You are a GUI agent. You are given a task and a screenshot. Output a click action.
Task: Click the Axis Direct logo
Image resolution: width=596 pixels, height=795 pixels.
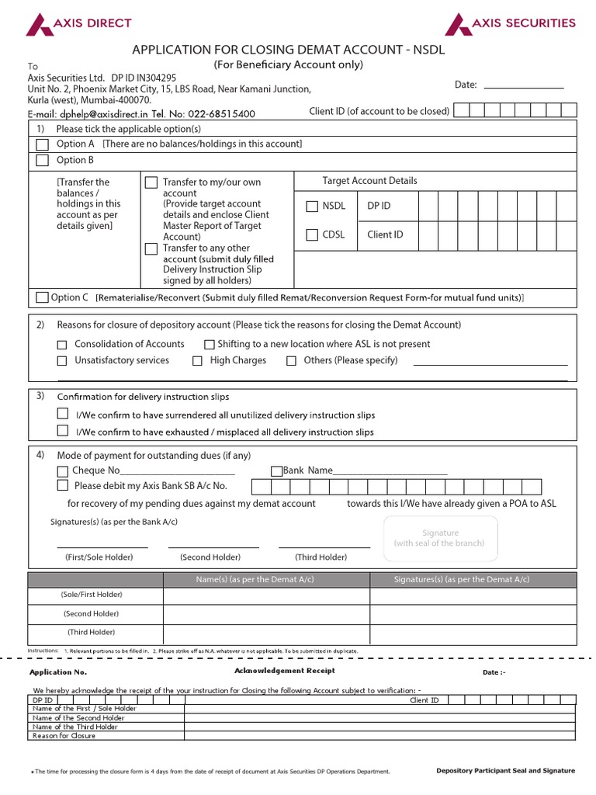point(78,24)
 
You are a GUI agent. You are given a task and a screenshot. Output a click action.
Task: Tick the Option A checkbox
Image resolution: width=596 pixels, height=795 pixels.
point(43,144)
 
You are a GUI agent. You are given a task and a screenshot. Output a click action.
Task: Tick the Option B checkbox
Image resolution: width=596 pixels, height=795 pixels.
point(43,161)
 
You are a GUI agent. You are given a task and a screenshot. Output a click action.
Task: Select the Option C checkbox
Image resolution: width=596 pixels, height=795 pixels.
point(42,297)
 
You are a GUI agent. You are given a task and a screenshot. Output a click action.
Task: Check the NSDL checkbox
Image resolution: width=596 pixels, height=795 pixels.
point(312,207)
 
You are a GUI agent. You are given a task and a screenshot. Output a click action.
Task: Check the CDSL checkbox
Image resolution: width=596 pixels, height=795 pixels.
point(312,234)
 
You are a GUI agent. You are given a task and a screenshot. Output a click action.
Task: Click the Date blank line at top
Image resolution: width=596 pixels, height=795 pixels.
point(523,85)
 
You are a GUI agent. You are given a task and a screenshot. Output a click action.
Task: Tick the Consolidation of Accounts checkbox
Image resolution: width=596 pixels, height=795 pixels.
point(62,345)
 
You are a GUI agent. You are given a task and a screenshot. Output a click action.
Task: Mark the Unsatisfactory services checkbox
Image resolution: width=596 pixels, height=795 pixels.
point(62,361)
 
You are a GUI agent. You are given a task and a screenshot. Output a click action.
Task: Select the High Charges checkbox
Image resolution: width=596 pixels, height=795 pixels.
point(197,361)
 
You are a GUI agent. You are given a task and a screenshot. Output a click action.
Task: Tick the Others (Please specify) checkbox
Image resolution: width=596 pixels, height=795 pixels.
point(291,361)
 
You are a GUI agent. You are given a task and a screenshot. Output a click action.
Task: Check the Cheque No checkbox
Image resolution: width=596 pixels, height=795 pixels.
point(62,471)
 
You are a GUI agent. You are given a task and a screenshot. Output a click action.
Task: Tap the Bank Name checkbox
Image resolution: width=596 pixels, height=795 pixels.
point(275,471)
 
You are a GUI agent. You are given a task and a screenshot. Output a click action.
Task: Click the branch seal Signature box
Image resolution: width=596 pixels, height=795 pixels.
point(440,538)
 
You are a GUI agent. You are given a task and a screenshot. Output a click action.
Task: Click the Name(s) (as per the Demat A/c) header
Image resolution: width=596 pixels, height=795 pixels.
point(265,580)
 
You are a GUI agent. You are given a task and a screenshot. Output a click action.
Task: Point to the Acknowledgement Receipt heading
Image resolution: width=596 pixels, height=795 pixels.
point(284,671)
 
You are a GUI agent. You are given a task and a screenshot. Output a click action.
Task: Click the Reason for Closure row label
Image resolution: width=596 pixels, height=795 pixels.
point(64,735)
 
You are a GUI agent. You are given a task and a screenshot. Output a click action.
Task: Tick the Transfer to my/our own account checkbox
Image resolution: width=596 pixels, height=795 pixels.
point(151,182)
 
